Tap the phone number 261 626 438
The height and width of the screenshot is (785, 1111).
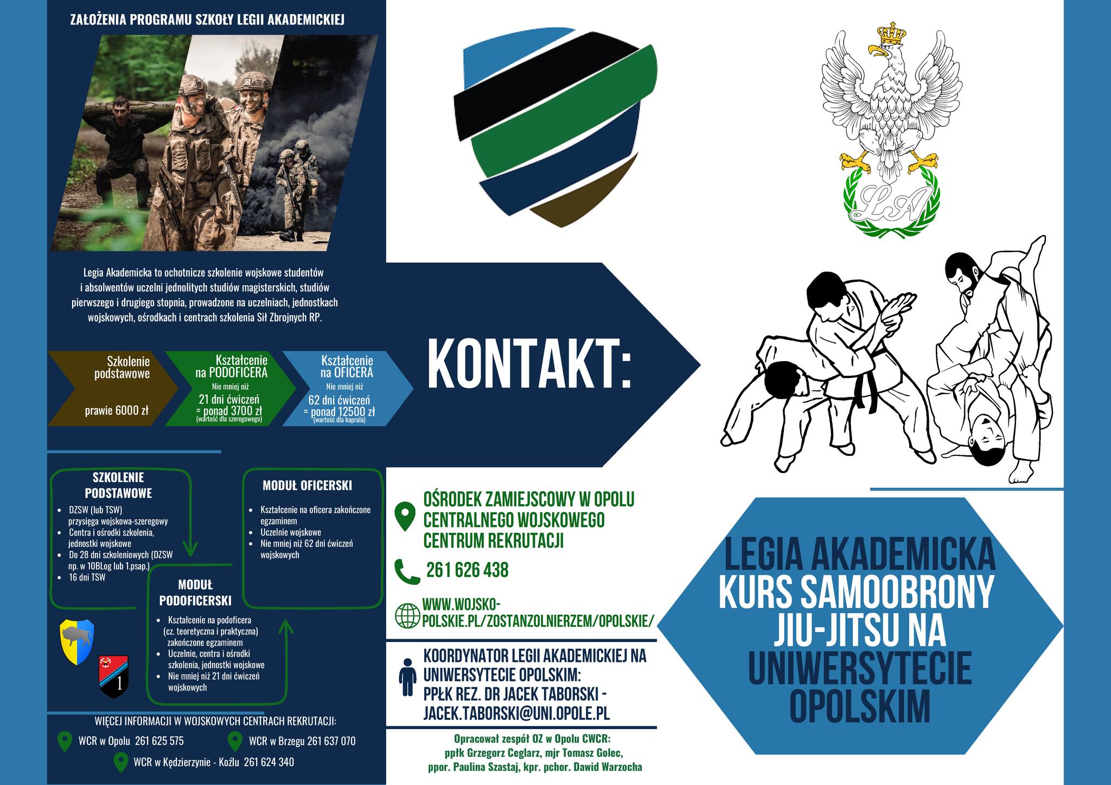pos(467,570)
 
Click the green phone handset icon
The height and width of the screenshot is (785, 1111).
pos(407,571)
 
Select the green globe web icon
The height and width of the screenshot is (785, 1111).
pos(407,615)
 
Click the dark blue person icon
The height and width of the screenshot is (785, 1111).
pos(407,677)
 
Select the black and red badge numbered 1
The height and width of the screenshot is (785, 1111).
pos(114,676)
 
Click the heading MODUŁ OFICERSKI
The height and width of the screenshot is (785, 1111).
pos(307,485)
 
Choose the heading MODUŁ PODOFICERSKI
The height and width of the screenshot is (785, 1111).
pos(195,593)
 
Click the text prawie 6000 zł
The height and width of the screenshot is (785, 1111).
pos(116,410)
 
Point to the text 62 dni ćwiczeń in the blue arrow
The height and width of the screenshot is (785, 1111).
pos(339,400)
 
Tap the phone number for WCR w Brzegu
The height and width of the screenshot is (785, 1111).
pos(331,741)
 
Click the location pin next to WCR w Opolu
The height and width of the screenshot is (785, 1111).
pos(65,741)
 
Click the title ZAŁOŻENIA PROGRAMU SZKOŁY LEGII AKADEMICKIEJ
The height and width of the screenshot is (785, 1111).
pos(207,20)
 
